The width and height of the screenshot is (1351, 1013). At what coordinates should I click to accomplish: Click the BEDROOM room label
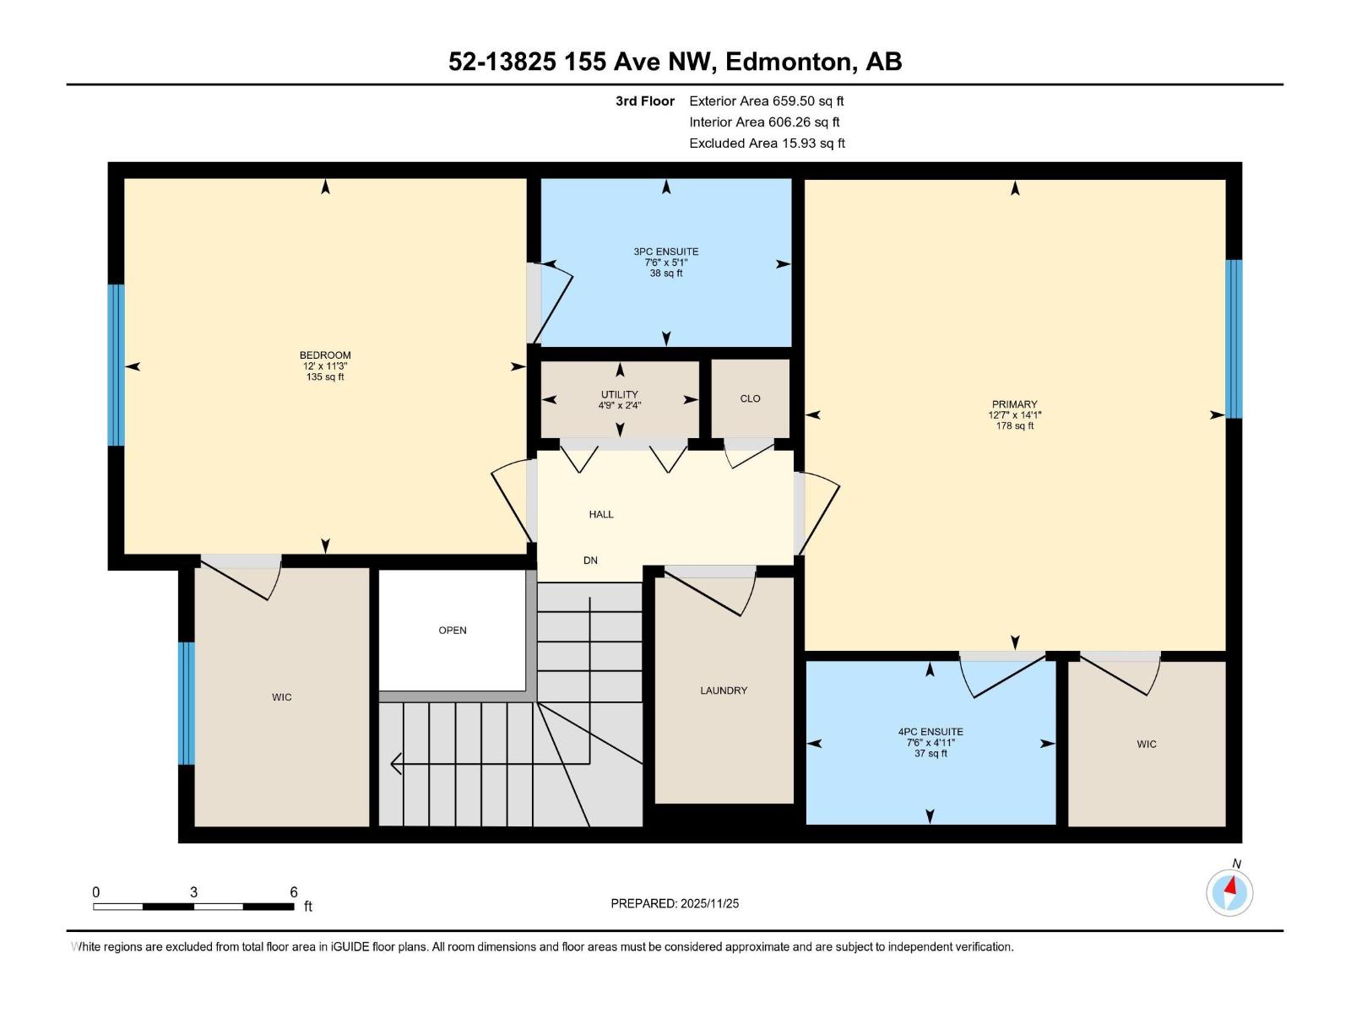point(325,355)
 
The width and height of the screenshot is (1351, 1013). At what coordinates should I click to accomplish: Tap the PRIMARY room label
point(1014,404)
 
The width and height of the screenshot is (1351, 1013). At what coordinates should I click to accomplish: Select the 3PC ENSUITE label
point(666,252)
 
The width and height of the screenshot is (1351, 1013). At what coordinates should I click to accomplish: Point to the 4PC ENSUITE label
point(931,732)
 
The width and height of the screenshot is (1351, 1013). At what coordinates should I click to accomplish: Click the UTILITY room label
point(620,394)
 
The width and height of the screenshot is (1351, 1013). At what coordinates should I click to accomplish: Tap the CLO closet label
point(750,398)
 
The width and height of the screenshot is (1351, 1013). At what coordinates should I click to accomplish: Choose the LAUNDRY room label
point(724,691)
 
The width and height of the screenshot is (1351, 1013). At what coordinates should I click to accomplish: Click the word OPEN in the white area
point(453,631)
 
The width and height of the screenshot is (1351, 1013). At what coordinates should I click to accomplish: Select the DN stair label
point(590,561)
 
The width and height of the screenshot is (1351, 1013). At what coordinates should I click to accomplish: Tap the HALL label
point(601,514)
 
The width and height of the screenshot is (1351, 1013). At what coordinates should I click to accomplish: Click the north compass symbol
point(1229,892)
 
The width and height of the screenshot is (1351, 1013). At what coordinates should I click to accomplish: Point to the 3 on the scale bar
point(194,892)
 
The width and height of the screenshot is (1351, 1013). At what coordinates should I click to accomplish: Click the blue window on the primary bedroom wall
point(1234,339)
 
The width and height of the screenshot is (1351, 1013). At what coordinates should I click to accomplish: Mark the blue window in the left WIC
point(187,703)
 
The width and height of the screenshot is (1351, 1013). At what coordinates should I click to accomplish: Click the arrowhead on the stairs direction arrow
point(396,765)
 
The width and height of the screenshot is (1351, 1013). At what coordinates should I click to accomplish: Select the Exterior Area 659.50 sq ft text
point(766,101)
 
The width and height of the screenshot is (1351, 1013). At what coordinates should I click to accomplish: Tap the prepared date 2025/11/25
point(709,903)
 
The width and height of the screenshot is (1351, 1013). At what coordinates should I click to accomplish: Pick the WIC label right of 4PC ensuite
point(1146,744)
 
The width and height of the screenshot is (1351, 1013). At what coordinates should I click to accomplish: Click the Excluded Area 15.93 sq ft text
point(766,144)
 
